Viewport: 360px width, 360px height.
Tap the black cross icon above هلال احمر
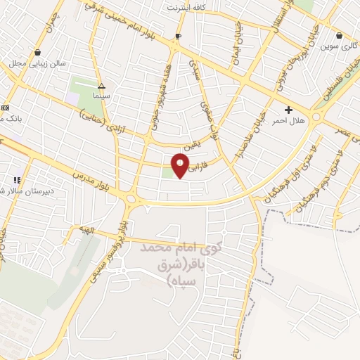coord(288,110)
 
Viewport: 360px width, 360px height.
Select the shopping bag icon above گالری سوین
coord(340,35)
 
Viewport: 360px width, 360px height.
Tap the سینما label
coord(101,95)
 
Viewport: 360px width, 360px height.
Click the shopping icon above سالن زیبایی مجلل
coord(37,53)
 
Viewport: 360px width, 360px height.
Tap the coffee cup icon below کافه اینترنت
coord(179,35)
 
